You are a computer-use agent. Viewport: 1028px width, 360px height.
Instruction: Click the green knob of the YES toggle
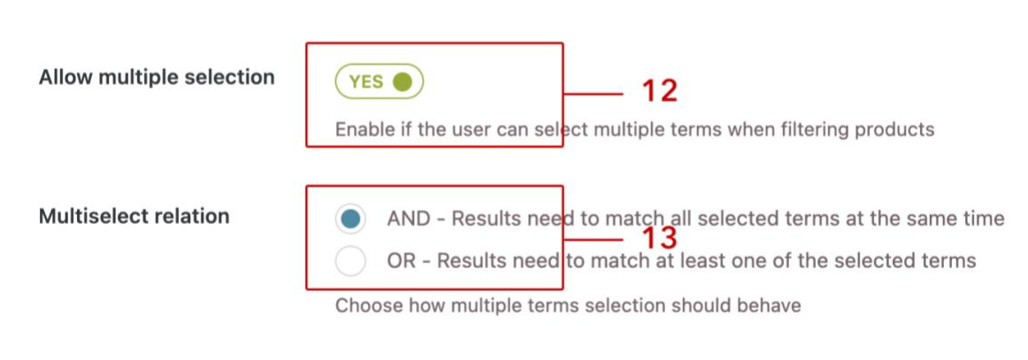click(x=403, y=82)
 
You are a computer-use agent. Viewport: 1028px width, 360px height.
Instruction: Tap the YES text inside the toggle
click(x=366, y=82)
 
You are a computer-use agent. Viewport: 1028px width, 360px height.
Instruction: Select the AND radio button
click(x=350, y=219)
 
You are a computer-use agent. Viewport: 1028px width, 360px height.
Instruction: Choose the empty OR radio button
click(x=350, y=261)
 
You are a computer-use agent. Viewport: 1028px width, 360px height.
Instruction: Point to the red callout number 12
click(x=659, y=91)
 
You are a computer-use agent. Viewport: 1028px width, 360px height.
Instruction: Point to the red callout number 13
click(x=659, y=239)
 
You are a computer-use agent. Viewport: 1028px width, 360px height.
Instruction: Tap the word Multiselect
click(x=92, y=217)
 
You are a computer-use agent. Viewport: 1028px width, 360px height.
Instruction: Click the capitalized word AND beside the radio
click(x=408, y=219)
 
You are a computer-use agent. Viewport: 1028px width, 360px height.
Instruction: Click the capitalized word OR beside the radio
click(x=401, y=261)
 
